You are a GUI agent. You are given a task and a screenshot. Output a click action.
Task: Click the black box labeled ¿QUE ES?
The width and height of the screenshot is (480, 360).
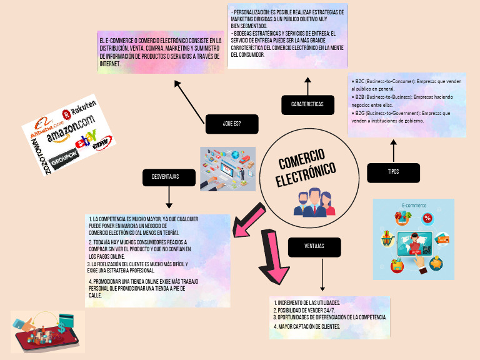tap(231, 124)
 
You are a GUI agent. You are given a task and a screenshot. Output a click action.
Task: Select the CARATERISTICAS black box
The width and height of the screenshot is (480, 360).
tap(307, 104)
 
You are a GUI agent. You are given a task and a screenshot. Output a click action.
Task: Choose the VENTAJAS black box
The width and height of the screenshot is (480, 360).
tap(314, 246)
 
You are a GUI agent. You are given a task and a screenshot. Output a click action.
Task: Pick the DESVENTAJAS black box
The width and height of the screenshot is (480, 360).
tap(165, 177)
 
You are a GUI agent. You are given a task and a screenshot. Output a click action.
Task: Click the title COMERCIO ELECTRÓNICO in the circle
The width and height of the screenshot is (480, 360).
tap(306, 167)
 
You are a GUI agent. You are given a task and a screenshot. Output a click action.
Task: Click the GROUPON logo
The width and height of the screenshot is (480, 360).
tap(64, 154)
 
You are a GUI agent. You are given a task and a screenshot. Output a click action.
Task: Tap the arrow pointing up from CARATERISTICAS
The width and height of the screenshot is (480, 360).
tap(307, 86)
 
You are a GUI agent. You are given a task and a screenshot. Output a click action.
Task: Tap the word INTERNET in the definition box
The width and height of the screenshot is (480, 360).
tap(110, 63)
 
